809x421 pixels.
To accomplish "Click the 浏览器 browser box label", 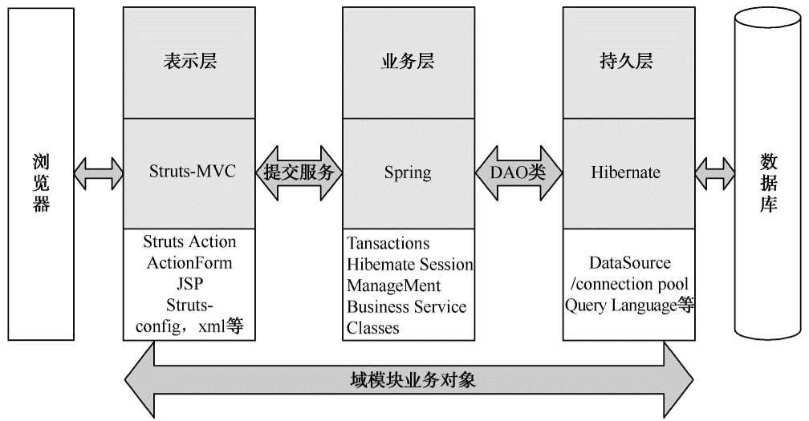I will tap(42, 182).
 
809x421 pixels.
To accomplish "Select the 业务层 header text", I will tap(407, 62).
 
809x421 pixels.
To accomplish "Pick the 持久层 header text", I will tap(625, 62).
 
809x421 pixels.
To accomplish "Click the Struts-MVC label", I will tap(193, 172).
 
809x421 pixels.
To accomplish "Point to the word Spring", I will tap(407, 172).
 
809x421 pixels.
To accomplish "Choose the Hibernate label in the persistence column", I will tap(626, 172).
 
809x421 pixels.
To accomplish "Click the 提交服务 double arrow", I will tap(299, 172).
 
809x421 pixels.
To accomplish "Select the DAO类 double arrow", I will tap(518, 172).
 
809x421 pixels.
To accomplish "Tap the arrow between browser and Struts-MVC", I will tap(99, 171).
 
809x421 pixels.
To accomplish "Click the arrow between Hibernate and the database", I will tap(714, 171).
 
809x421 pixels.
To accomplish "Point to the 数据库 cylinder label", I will tap(768, 183).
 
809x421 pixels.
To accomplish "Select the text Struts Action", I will tap(189, 241).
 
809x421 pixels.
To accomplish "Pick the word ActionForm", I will tap(189, 262).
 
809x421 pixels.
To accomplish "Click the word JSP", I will tap(189, 284).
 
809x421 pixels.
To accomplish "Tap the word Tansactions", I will tap(388, 243).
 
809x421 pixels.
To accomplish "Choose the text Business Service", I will tap(406, 306).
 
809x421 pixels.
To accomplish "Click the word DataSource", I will tap(630, 262).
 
